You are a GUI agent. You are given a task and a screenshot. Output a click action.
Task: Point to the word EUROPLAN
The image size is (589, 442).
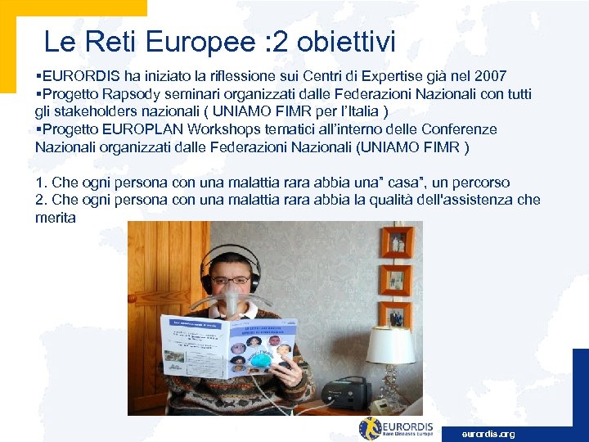(139, 129)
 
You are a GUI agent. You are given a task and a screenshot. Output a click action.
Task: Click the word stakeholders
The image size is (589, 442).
(92, 111)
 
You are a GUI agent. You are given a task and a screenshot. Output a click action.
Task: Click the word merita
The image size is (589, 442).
(55, 218)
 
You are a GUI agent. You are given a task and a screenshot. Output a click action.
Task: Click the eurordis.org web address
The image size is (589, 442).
(488, 434)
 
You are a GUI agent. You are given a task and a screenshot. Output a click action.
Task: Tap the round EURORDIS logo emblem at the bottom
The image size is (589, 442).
(370, 428)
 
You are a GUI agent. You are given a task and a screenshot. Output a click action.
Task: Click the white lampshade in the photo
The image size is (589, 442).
(390, 345)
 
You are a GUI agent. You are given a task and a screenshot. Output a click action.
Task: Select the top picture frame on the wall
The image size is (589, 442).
(397, 242)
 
